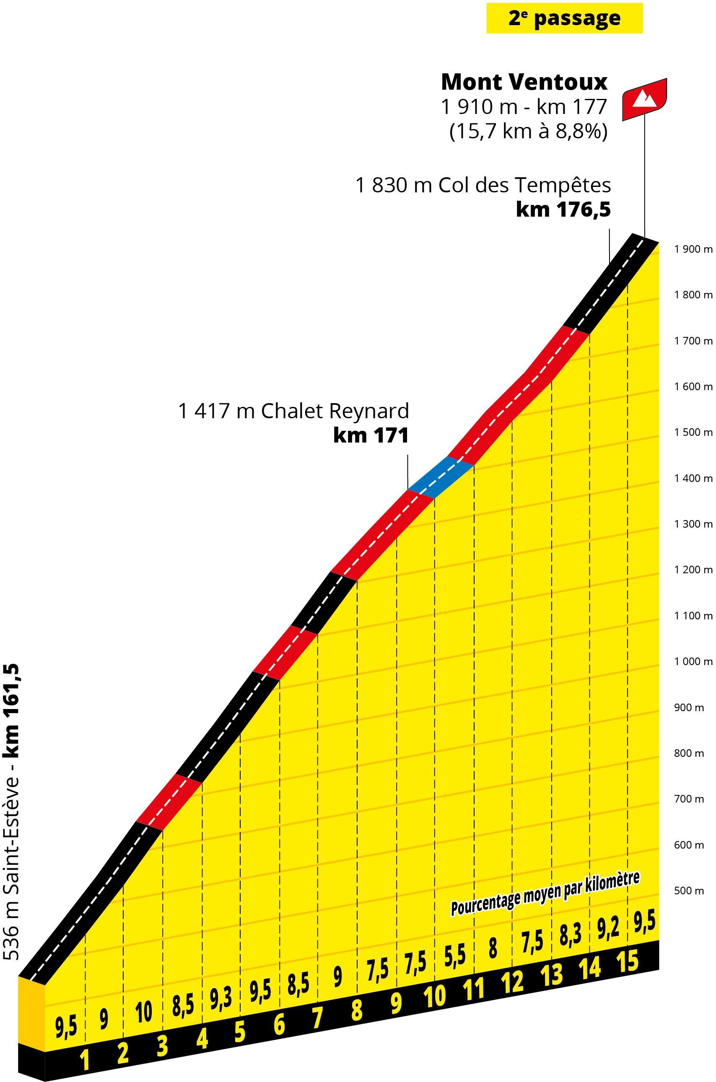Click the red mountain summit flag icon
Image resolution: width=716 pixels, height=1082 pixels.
click(644, 99)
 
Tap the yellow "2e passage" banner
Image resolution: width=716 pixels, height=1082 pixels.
click(564, 18)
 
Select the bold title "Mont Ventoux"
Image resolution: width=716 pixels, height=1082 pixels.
click(524, 82)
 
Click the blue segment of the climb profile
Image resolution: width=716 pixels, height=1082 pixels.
click(441, 477)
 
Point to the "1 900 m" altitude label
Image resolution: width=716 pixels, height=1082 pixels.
click(693, 249)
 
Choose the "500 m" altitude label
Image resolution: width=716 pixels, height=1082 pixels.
click(689, 890)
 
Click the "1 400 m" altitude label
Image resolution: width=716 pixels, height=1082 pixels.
click(693, 478)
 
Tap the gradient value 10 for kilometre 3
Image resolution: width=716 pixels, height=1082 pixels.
click(143, 1012)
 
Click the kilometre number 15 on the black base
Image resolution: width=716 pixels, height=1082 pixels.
click(628, 962)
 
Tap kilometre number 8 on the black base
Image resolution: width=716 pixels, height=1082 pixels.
click(357, 1010)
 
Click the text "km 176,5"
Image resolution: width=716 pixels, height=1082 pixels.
click(563, 210)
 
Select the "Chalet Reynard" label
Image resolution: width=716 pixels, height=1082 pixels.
click(335, 411)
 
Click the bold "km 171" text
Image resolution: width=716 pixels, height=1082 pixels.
click(371, 435)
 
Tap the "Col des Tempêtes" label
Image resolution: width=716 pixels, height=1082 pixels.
click(524, 185)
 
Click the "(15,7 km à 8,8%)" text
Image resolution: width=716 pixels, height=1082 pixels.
click(528, 132)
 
